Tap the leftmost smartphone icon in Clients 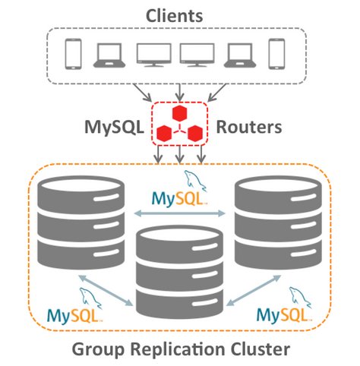[73, 53]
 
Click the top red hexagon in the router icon [179, 113]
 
